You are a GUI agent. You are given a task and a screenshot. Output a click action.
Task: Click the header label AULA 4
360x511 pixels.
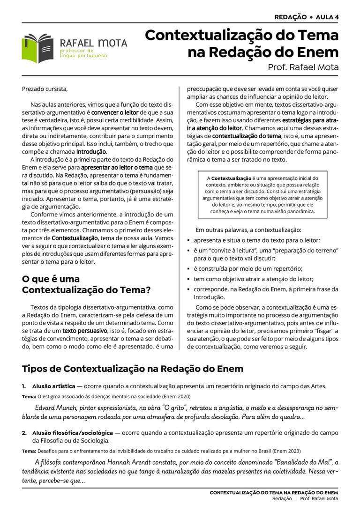327,17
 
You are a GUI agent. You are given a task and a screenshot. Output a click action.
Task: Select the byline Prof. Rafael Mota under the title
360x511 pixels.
303,67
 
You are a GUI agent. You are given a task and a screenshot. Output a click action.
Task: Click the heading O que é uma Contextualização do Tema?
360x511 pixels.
86,284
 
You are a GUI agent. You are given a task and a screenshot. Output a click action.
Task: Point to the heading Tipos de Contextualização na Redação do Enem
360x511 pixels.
133,369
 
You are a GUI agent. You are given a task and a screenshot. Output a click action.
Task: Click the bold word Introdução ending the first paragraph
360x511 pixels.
91,152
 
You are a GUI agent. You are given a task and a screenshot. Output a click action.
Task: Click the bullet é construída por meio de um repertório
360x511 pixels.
248,268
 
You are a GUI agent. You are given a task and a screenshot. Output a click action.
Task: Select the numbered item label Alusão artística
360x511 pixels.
53,386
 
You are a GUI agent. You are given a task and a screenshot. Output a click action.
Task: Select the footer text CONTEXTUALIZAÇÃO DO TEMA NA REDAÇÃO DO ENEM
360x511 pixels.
274,493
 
